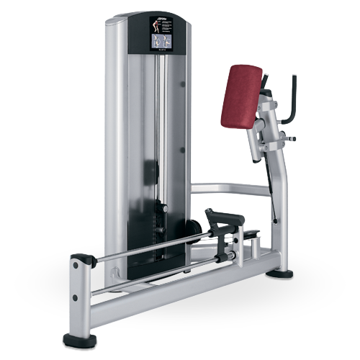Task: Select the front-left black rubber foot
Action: click(78, 338)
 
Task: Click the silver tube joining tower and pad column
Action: click(230, 189)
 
